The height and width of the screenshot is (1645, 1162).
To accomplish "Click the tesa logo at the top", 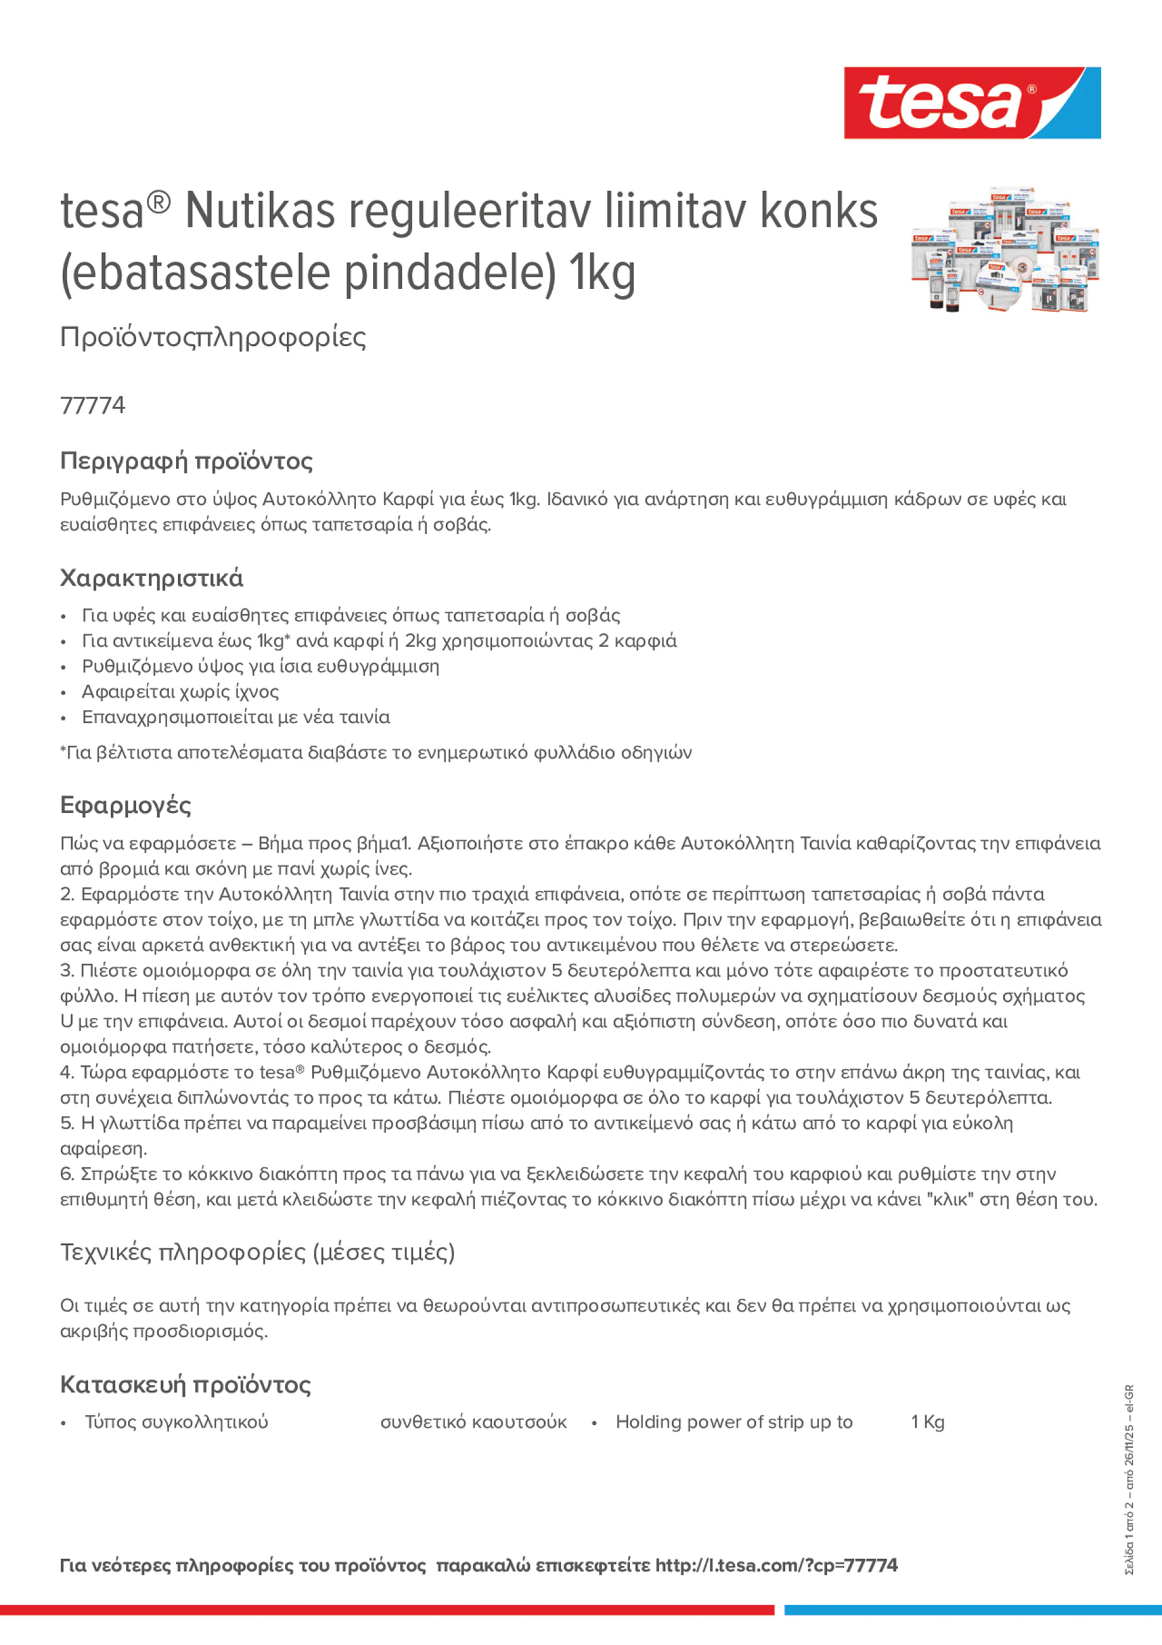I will pyautogui.click(x=972, y=102).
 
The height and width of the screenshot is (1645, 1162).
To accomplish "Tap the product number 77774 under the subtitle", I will pyautogui.click(x=92, y=405).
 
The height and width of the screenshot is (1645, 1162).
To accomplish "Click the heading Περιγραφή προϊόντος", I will pyautogui.click(x=186, y=461).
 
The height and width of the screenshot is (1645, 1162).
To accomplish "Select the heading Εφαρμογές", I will pyautogui.click(x=126, y=806).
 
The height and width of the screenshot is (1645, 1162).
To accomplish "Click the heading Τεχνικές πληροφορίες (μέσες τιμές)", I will pyautogui.click(x=257, y=1251).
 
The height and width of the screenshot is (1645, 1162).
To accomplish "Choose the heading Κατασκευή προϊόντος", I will pyautogui.click(x=185, y=1384).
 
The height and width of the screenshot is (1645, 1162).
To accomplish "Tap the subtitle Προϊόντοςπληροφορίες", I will pyautogui.click(x=213, y=337).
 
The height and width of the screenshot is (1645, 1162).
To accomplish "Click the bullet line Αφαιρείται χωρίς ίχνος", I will pyautogui.click(x=180, y=692).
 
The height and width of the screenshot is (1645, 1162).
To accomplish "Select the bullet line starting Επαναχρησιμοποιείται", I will pyautogui.click(x=236, y=717).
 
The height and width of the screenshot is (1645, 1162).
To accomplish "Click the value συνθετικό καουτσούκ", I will pyautogui.click(x=473, y=1422).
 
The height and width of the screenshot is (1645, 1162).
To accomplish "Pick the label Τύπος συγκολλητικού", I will pyautogui.click(x=176, y=1422).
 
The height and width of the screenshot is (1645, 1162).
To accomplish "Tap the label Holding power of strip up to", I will pyautogui.click(x=733, y=1422).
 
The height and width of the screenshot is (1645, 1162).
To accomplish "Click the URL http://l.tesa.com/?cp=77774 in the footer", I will pyautogui.click(x=776, y=1566).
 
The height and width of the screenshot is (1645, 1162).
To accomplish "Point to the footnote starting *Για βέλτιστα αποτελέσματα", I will pyautogui.click(x=376, y=752).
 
